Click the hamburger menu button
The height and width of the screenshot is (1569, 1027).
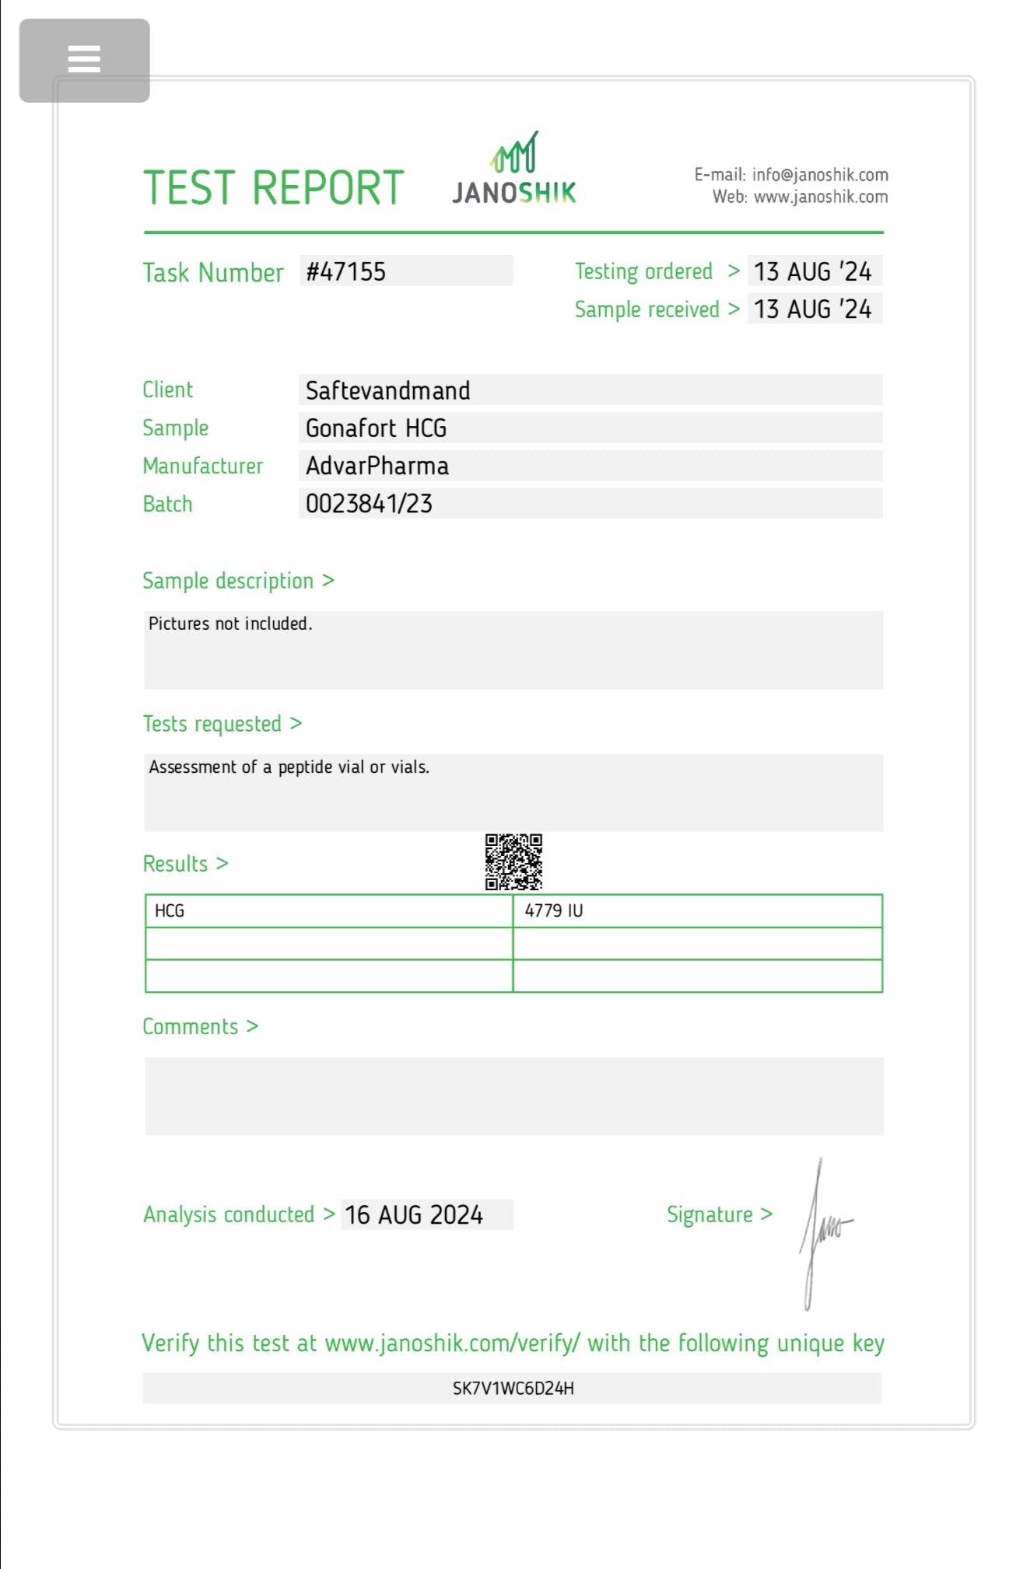(x=84, y=60)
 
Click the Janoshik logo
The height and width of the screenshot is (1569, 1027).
(x=514, y=170)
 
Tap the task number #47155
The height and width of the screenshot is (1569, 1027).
(x=346, y=271)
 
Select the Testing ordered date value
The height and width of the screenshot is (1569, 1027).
(x=813, y=271)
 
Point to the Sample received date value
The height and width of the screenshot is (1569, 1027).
(x=813, y=309)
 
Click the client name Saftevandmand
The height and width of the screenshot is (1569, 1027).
(x=387, y=390)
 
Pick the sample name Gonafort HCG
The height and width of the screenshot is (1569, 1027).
(x=376, y=428)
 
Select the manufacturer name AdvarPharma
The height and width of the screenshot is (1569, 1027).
(x=377, y=467)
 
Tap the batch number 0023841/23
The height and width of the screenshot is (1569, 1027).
(x=369, y=504)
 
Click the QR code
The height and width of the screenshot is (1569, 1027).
(x=513, y=862)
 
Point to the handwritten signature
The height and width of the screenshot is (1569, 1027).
(x=822, y=1232)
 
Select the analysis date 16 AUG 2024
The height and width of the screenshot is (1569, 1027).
(x=414, y=1215)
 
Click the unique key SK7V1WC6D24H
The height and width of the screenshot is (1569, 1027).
(x=513, y=1389)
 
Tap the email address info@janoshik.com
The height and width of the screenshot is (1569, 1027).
(x=820, y=175)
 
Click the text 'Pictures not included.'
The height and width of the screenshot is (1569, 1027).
(x=230, y=624)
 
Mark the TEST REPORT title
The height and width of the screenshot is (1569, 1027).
(x=274, y=188)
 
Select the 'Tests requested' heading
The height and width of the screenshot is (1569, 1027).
(x=212, y=724)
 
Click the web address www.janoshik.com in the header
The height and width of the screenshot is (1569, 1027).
(x=821, y=197)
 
